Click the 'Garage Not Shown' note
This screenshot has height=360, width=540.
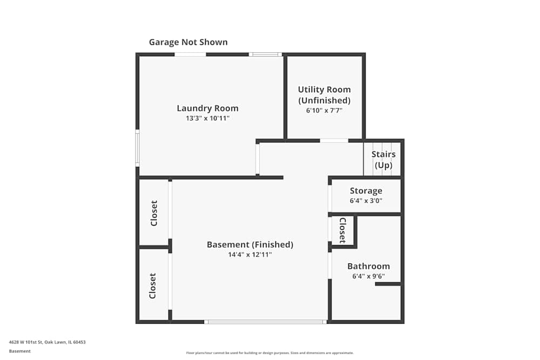[x=188, y=42]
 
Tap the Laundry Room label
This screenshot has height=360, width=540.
[x=207, y=108]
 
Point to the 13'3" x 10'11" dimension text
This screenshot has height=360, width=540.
[x=207, y=118]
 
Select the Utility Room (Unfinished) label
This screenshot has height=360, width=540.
[x=324, y=95]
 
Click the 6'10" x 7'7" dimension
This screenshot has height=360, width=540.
[x=324, y=110]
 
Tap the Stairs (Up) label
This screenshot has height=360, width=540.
[x=383, y=160]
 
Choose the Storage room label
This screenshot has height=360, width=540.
[x=366, y=191]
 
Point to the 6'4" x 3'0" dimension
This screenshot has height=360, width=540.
[x=366, y=201]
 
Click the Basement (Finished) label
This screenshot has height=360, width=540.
[x=250, y=244]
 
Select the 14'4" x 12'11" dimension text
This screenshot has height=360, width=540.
[x=250, y=255]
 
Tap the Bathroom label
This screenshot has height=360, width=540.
[x=368, y=266]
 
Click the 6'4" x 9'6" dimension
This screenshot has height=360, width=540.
[x=368, y=276]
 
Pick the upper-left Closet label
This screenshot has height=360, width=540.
[x=154, y=213]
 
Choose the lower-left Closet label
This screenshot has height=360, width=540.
[x=153, y=286]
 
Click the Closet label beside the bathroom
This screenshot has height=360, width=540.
[x=342, y=230]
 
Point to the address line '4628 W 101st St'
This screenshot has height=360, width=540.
[x=47, y=342]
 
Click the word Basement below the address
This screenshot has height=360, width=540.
[x=19, y=351]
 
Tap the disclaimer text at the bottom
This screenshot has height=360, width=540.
[x=269, y=352]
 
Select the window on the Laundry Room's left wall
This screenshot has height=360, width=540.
[x=137, y=148]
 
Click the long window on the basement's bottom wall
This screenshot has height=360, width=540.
[x=265, y=322]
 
